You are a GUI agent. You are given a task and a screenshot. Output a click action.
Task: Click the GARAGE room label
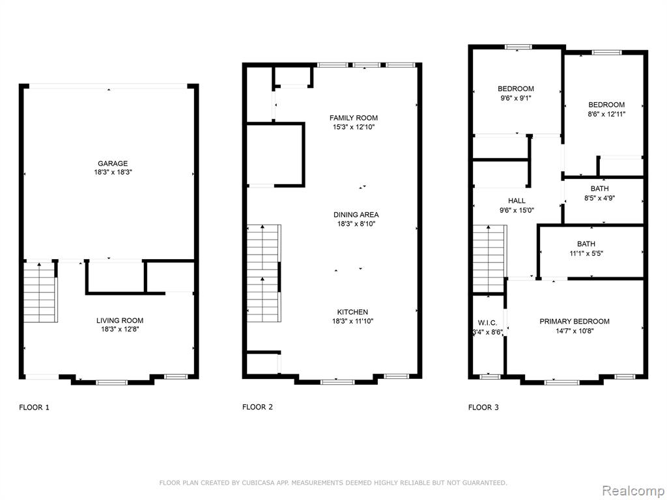coord(113,163)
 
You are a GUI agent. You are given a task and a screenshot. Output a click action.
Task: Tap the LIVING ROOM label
coord(120,320)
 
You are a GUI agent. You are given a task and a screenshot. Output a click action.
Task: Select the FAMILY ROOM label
coord(354,118)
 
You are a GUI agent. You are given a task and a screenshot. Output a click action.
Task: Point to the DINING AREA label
coord(356,215)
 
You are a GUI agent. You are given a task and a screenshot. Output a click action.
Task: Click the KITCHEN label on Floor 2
coord(352,312)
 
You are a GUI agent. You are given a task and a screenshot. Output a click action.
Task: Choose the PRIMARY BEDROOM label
coord(575,322)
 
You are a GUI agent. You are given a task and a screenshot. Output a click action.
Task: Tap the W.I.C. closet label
coord(487,323)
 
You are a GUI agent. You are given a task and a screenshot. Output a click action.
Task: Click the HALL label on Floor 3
coord(517,201)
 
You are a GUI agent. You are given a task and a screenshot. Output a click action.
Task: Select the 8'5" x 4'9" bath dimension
coord(599,198)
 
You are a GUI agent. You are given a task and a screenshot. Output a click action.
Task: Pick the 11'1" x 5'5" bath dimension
coord(586,253)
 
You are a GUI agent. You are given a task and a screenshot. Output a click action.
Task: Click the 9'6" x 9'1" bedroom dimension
coord(516,98)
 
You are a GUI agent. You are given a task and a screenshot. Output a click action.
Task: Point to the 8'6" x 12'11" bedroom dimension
coord(606,114)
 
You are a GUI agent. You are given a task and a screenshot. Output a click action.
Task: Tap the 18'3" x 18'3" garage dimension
coord(113,173)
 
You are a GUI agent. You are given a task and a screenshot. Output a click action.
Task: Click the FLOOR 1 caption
coord(34,408)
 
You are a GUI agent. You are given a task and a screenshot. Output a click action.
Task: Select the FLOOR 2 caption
coord(257,407)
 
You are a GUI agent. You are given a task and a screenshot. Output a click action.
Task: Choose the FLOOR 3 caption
coord(483,408)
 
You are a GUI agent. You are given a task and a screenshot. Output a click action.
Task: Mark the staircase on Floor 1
coord(40,292)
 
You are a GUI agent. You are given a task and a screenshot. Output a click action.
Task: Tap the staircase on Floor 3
coord(489,258)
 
